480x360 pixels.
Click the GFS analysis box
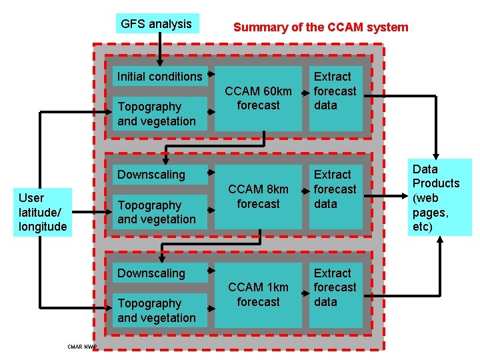157,24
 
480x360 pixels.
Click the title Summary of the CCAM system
321,27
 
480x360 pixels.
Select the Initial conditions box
159,77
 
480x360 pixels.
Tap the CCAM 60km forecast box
258,98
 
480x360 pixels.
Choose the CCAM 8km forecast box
258,197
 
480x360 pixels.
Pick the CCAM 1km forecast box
258,295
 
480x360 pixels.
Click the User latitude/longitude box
43,212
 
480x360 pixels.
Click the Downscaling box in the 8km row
159,175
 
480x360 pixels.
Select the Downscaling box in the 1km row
159,273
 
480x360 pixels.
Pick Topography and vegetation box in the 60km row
159,114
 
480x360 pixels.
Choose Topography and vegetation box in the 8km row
159,212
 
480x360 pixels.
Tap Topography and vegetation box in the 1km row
159,311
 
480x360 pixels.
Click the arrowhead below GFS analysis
159,62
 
